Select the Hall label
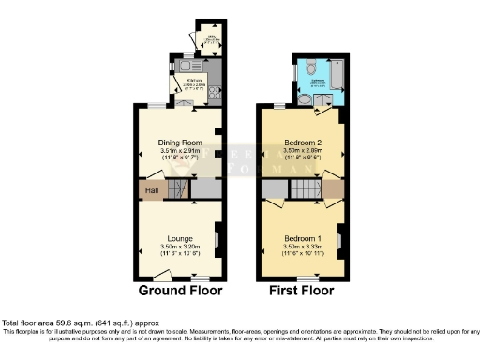(x=150, y=191)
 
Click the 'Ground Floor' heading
(x=179, y=291)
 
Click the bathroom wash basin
(x=306, y=97)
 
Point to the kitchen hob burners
(x=214, y=92)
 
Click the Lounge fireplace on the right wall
(x=217, y=239)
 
